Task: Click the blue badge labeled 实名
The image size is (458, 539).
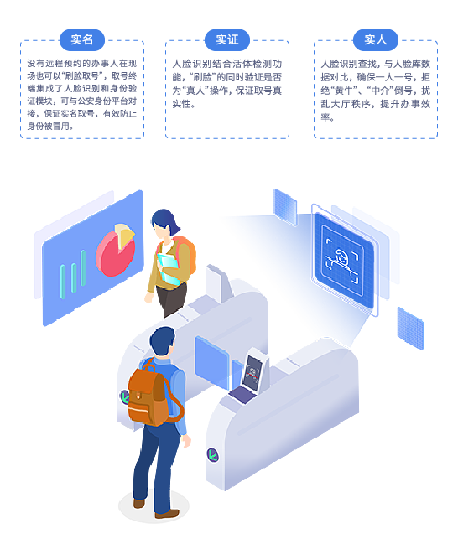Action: (x=82, y=40)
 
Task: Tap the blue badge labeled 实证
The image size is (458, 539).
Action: (x=227, y=40)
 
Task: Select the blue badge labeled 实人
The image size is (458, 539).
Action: (x=376, y=40)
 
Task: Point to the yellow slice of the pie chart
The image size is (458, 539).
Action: (x=124, y=235)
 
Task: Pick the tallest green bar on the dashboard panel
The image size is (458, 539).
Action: (x=83, y=268)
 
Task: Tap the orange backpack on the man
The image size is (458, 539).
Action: (x=151, y=396)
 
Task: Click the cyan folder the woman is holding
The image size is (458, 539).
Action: (x=169, y=269)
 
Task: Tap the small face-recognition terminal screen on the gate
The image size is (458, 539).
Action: (x=253, y=373)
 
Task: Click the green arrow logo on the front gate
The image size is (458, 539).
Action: (x=213, y=455)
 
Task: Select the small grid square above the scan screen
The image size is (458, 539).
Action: (x=285, y=207)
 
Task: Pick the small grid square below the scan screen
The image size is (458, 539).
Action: (x=410, y=329)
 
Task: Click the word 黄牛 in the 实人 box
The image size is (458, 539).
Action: (x=344, y=91)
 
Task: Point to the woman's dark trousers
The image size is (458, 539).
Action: (x=171, y=299)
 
